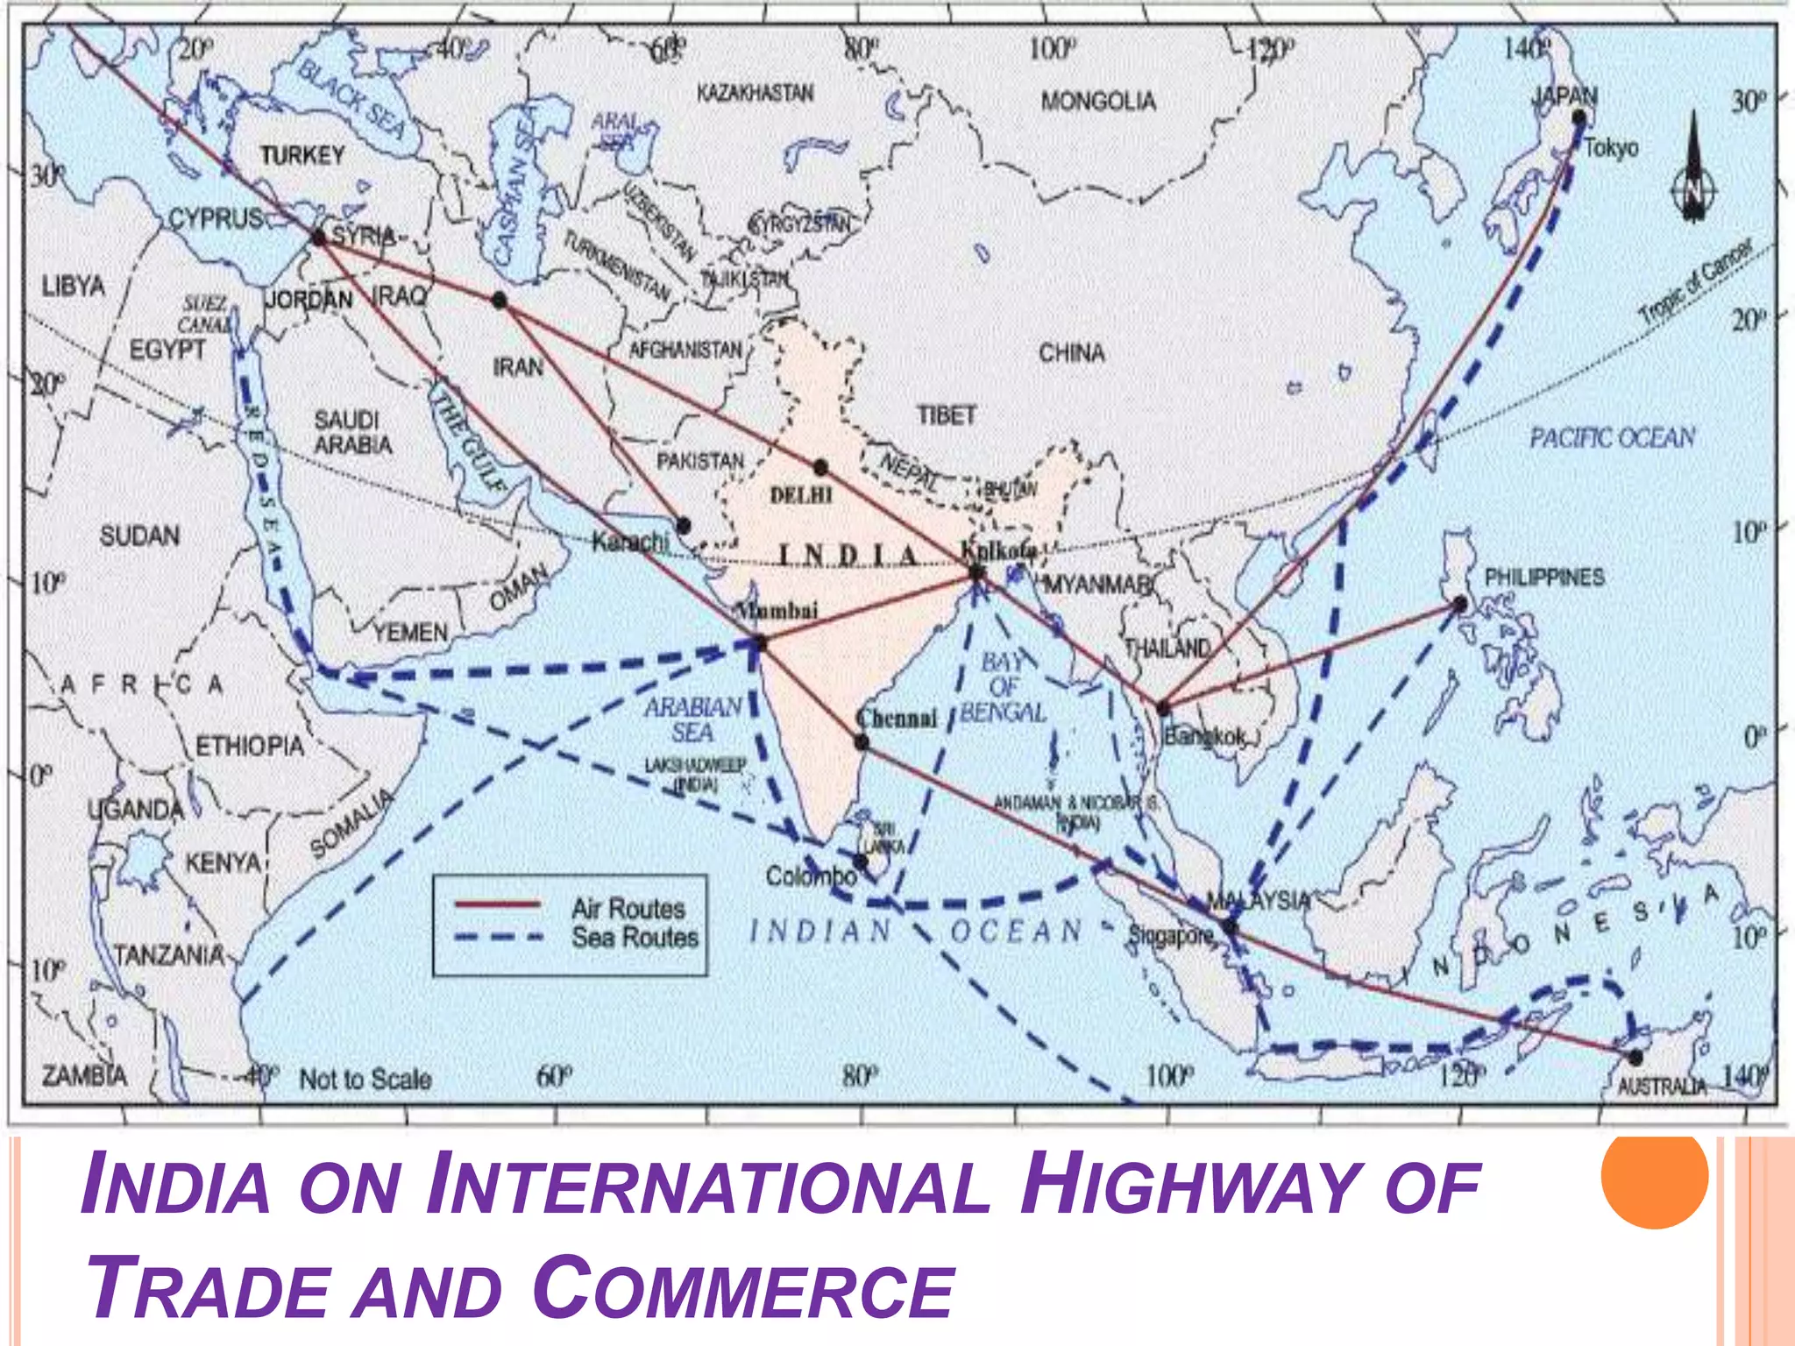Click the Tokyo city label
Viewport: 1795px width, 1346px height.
pyautogui.click(x=1611, y=147)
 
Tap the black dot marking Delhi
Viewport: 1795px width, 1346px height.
pyautogui.click(x=820, y=467)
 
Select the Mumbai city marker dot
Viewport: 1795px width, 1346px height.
pyautogui.click(x=760, y=644)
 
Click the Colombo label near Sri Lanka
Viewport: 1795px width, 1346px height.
pyautogui.click(x=811, y=875)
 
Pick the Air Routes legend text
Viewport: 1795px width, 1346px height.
pyautogui.click(x=628, y=908)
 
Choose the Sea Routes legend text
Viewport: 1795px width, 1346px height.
pyautogui.click(x=635, y=938)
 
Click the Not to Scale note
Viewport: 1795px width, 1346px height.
pyautogui.click(x=365, y=1079)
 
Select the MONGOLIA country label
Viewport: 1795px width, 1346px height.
pyautogui.click(x=1098, y=102)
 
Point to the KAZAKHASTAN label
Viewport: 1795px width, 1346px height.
pyautogui.click(x=755, y=93)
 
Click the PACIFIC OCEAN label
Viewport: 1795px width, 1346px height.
pyautogui.click(x=1612, y=437)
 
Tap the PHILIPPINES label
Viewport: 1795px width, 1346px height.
pyautogui.click(x=1543, y=577)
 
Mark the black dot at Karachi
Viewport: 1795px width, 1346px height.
pyautogui.click(x=684, y=526)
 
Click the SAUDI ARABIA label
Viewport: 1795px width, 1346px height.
pyautogui.click(x=352, y=432)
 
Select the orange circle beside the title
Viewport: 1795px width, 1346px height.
pyautogui.click(x=1654, y=1175)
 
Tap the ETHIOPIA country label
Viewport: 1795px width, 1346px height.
pyautogui.click(x=249, y=747)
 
